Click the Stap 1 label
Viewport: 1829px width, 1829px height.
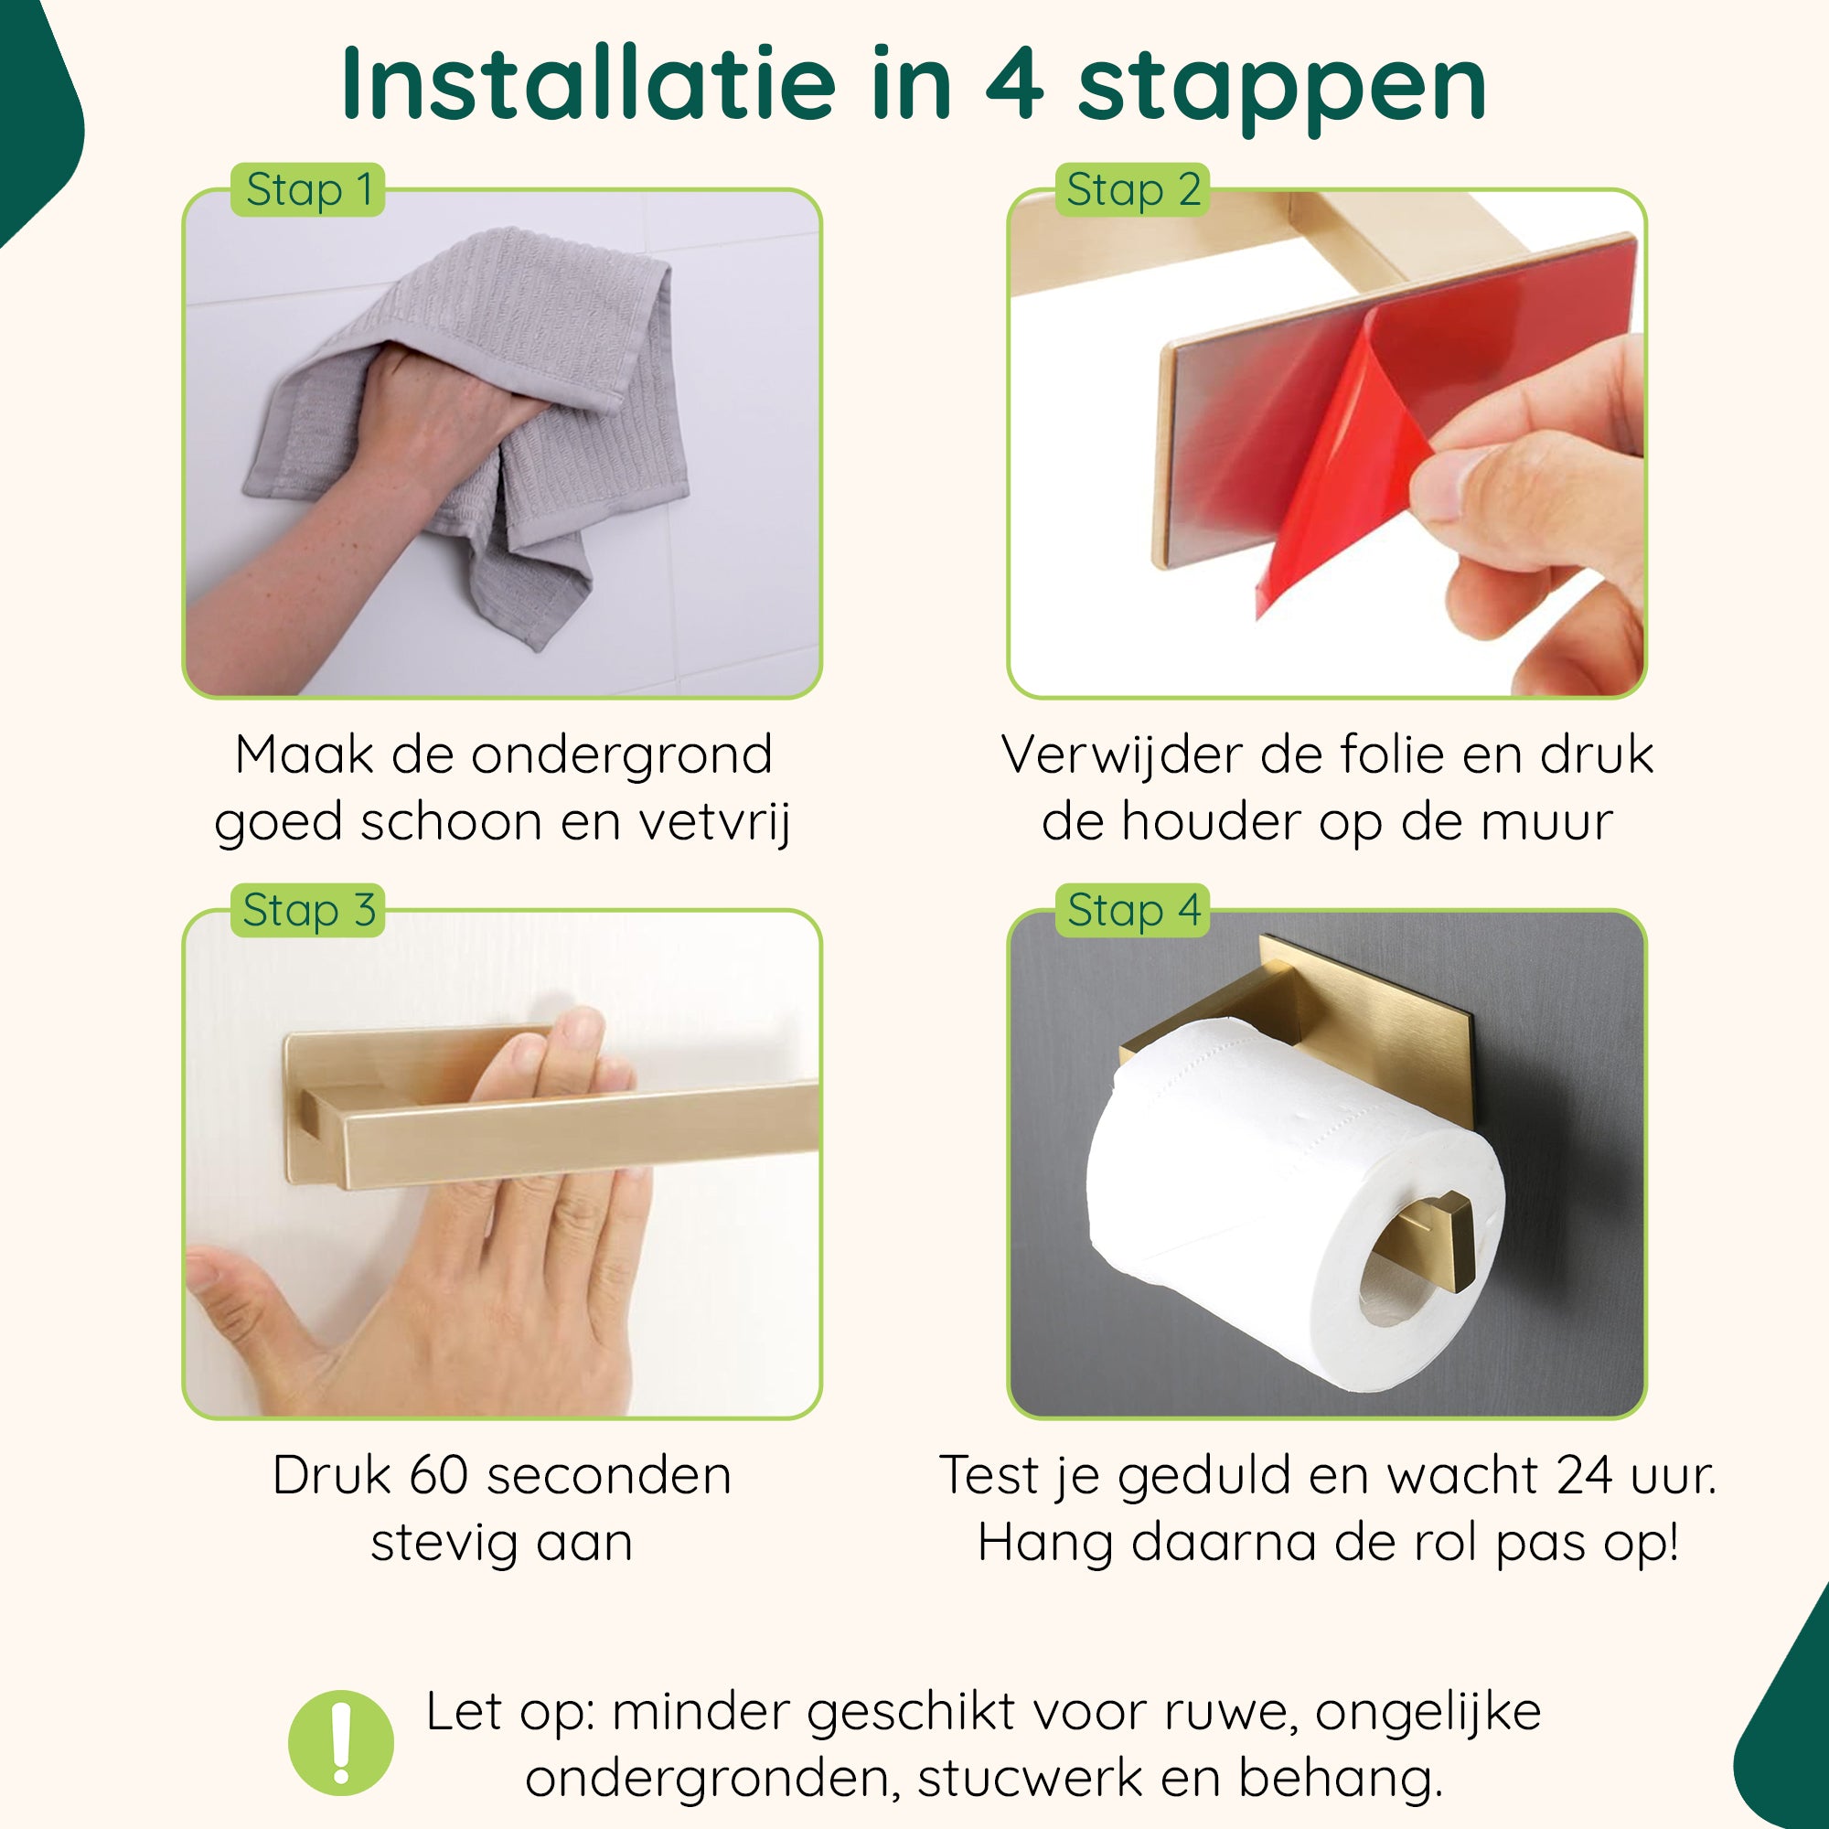pos(307,189)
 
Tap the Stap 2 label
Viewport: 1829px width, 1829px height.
pos(1132,189)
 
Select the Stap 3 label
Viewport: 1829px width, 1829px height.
pos(307,910)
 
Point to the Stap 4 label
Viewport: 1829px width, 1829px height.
pos(1132,910)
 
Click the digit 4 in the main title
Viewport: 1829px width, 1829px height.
pos(1014,86)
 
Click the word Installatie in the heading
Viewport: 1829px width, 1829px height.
pos(588,84)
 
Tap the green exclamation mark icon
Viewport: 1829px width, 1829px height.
pos(341,1743)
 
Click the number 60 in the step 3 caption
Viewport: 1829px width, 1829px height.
pos(439,1476)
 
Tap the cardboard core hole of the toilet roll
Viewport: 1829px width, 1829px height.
pos(1401,1283)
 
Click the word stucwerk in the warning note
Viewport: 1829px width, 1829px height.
pos(1030,1778)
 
